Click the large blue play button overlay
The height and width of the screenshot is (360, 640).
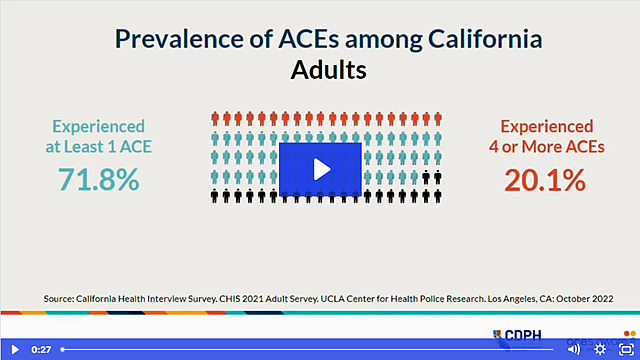pos(320,169)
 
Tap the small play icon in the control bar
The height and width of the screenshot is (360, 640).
pos(15,349)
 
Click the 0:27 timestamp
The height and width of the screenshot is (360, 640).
pos(41,349)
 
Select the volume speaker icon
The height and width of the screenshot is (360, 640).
pos(573,349)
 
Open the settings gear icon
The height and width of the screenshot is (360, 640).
pos(600,349)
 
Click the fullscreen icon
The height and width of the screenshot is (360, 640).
pos(626,349)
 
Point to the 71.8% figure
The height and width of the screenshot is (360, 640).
pos(98,179)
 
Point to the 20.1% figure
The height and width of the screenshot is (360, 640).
pos(545,180)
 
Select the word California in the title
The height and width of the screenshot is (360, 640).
pos(485,39)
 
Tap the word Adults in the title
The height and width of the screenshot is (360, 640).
pos(329,70)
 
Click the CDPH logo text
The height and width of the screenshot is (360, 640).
pos(523,335)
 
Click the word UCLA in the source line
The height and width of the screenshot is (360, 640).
pos(332,299)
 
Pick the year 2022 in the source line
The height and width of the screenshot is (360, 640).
pos(603,299)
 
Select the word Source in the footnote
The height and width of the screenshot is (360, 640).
pos(59,299)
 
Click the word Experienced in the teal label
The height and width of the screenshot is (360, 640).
pos(98,127)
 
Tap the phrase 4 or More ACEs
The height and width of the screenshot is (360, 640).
pos(547,147)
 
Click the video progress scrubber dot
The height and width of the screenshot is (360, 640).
pos(62,349)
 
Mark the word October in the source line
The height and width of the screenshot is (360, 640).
pos(573,299)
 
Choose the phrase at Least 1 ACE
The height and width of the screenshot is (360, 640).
pos(98,147)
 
